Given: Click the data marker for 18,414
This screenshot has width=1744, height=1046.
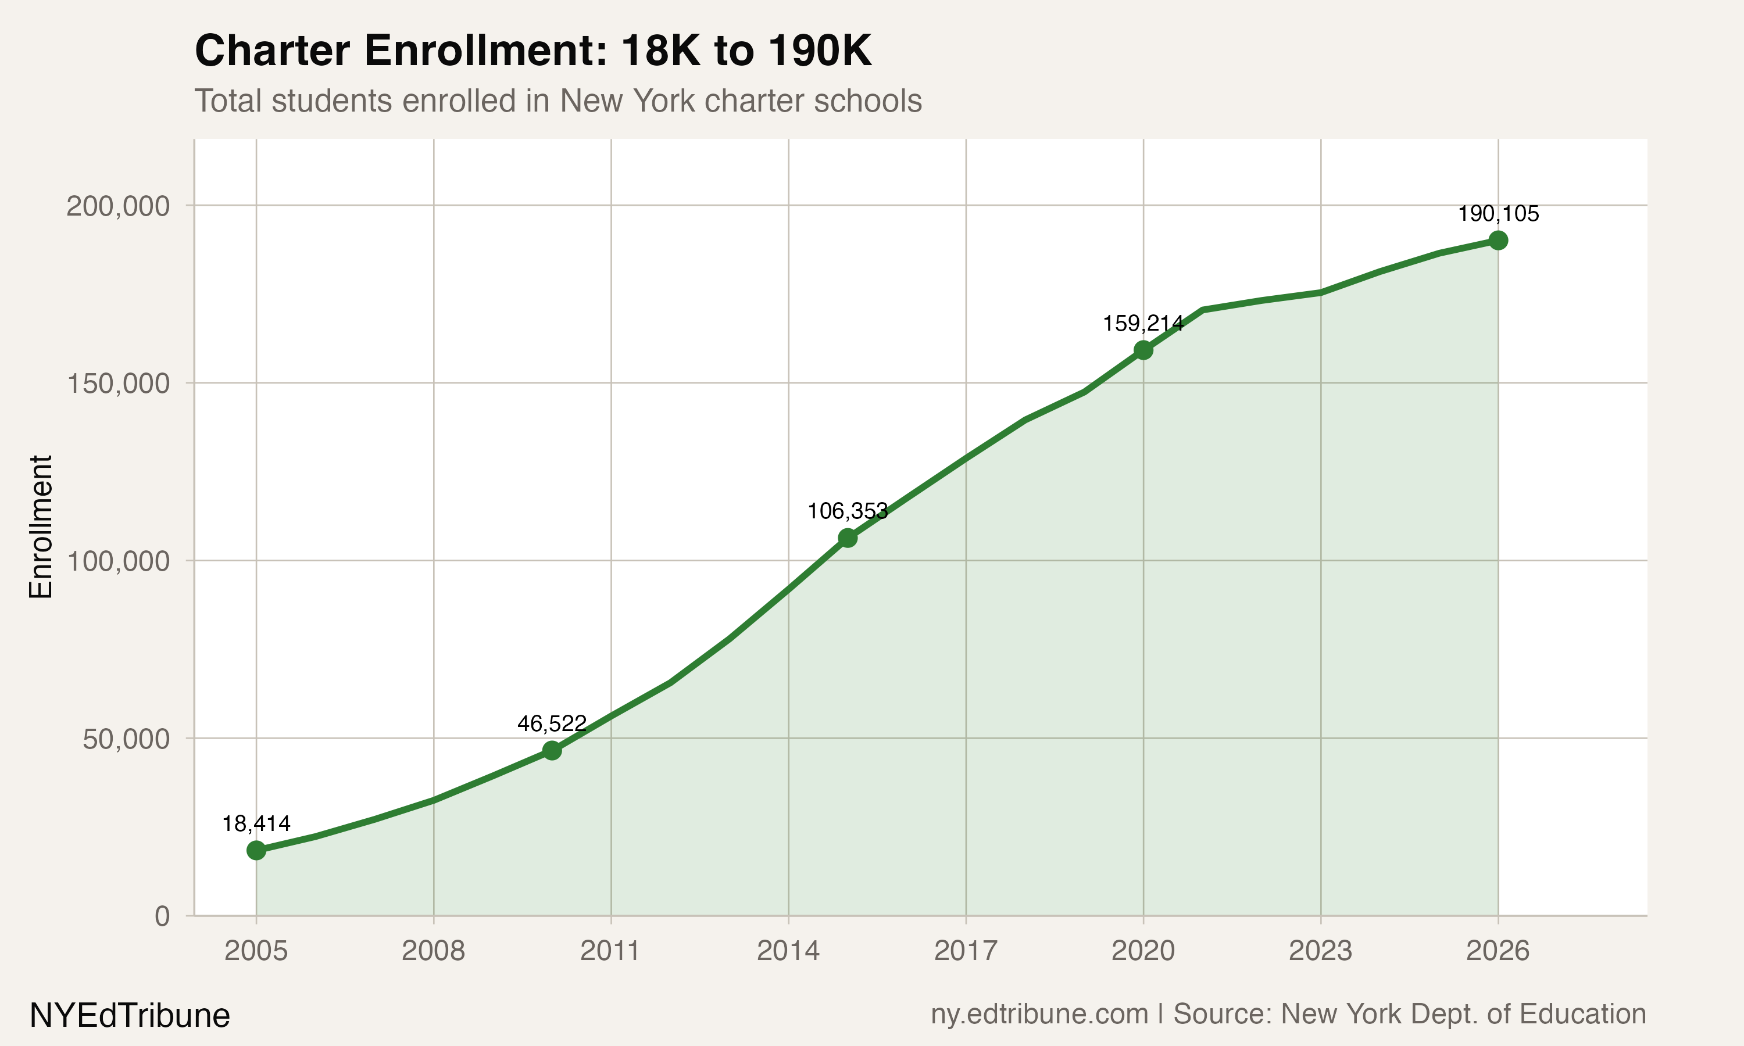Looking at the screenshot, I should pyautogui.click(x=256, y=850).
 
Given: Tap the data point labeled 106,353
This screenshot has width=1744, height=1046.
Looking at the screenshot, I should pyautogui.click(x=848, y=538).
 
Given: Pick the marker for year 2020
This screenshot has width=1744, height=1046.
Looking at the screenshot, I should pyautogui.click(x=1143, y=350).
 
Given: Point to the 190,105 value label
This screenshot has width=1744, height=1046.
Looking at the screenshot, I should pyautogui.click(x=1498, y=214).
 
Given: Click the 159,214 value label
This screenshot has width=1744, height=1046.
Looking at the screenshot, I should pyautogui.click(x=1143, y=324).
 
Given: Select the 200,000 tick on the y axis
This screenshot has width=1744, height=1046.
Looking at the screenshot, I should pyautogui.click(x=118, y=206).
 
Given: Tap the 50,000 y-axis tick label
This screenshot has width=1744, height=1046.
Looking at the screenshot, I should pyautogui.click(x=126, y=739).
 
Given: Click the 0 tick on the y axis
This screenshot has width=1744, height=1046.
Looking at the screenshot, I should pyautogui.click(x=162, y=916).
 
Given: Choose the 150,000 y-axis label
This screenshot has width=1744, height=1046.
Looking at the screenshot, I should pyautogui.click(x=118, y=384).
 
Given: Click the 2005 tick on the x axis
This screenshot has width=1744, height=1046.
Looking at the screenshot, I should pyautogui.click(x=256, y=951).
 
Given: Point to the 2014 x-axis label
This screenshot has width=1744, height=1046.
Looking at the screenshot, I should pyautogui.click(x=788, y=951).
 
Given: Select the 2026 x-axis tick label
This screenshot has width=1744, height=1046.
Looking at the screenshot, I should pyautogui.click(x=1498, y=951).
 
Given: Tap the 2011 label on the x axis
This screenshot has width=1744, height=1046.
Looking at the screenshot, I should pyautogui.click(x=610, y=951).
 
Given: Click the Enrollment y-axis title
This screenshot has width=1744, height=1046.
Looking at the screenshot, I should pyautogui.click(x=41, y=526).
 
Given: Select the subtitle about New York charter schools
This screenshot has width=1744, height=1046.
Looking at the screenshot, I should pyautogui.click(x=557, y=101).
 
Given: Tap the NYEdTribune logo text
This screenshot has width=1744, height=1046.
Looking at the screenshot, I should pyautogui.click(x=130, y=1016).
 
